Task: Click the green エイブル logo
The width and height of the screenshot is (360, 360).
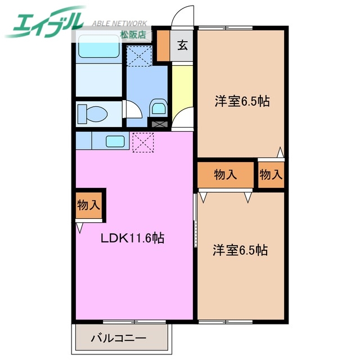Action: tap(45, 22)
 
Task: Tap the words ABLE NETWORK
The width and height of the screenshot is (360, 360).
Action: tap(119, 24)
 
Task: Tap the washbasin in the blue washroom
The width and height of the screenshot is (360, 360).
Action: tap(157, 107)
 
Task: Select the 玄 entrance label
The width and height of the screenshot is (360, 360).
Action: tap(182, 46)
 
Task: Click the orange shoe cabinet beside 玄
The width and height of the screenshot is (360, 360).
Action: tap(163, 46)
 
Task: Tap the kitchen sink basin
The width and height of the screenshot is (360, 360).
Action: tap(115, 141)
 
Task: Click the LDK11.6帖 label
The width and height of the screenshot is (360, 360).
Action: tap(132, 238)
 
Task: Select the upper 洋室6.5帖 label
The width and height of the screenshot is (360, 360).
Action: tap(241, 102)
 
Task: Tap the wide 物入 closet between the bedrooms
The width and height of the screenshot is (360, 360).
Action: tap(226, 175)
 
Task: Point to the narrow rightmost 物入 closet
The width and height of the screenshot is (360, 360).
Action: tap(271, 175)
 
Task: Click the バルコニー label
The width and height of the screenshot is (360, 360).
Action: tap(119, 339)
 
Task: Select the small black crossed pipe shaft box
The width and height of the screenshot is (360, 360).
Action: tap(158, 123)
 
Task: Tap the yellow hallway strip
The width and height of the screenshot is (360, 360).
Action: tap(182, 90)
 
